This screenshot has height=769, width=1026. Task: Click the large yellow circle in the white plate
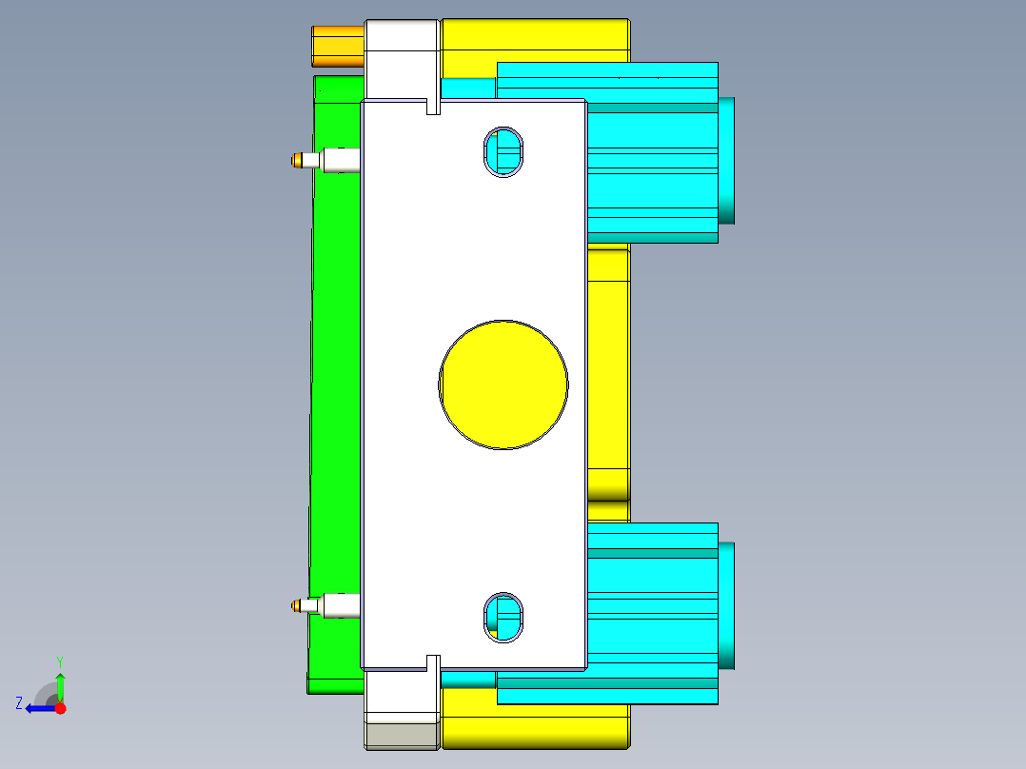[503, 384]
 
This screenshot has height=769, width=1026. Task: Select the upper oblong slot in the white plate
[503, 151]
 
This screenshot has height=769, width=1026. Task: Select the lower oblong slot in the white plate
[503, 617]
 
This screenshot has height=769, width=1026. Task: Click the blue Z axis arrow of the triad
[38, 708]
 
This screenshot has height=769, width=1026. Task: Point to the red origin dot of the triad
[60, 708]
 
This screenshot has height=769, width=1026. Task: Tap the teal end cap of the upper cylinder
[726, 160]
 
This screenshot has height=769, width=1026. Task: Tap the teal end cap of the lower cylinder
[726, 605]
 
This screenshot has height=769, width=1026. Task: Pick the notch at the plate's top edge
[433, 106]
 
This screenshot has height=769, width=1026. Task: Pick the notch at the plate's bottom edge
[433, 662]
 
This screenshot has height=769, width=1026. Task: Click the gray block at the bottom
[401, 736]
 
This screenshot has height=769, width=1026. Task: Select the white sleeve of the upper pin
[341, 160]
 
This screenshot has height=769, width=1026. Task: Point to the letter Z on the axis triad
[19, 703]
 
